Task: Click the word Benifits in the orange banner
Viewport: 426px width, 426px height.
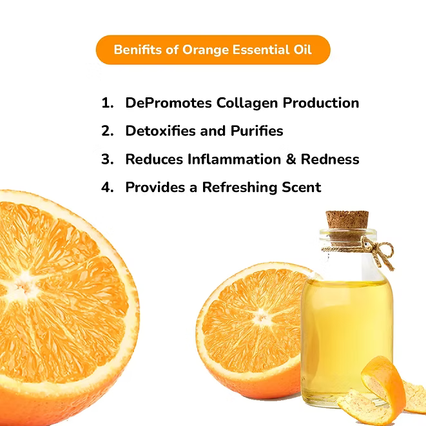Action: (x=138, y=50)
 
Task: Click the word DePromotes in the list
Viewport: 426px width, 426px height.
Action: (x=168, y=103)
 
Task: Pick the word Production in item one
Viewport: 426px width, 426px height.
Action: (x=321, y=103)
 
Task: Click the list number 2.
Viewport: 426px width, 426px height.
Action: (x=108, y=131)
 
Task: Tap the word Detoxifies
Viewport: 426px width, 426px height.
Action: (x=160, y=131)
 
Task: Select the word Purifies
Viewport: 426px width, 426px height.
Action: (x=257, y=131)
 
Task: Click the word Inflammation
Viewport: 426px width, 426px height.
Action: (x=234, y=159)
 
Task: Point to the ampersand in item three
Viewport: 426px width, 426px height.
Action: (x=291, y=159)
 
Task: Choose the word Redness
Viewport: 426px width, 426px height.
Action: (x=330, y=159)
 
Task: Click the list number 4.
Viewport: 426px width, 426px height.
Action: (x=108, y=188)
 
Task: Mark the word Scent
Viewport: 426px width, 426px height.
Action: (x=302, y=188)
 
